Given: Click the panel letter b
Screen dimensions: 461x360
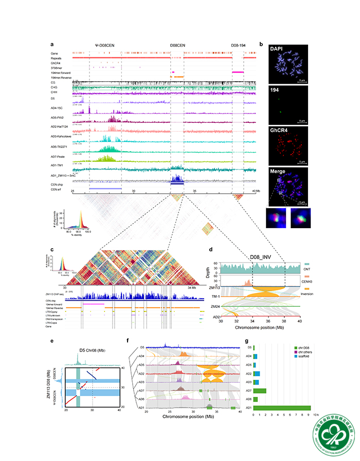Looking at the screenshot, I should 262,45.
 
